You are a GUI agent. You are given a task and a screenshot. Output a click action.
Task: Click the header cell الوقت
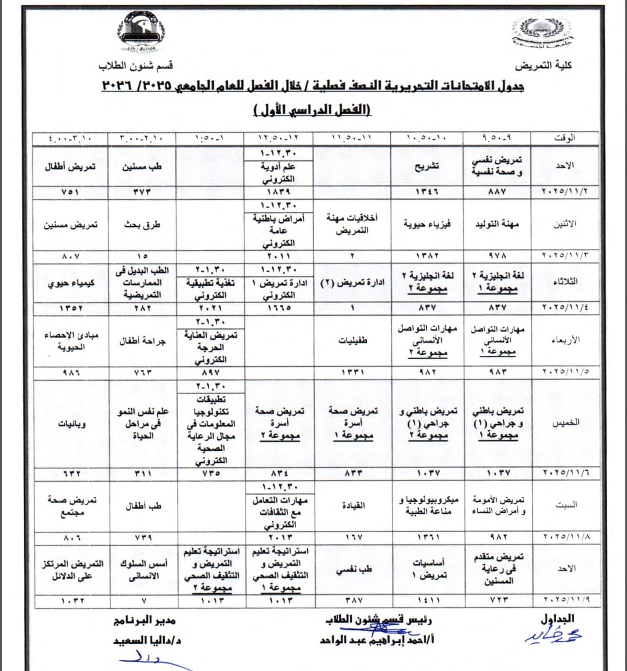tap(564, 138)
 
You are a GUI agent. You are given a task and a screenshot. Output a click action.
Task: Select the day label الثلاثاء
tap(565, 282)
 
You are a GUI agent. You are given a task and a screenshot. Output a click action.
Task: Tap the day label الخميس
tap(565, 423)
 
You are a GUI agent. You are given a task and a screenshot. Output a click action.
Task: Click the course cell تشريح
tap(427, 166)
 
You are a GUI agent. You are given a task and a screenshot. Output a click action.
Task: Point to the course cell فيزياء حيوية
tap(427, 224)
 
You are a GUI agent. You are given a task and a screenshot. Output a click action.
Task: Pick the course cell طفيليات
tap(353, 341)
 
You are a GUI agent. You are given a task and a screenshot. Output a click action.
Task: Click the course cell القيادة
tap(353, 505)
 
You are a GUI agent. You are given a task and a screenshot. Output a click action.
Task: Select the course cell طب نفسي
tap(353, 569)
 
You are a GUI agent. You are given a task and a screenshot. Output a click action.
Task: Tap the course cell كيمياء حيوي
tap(71, 283)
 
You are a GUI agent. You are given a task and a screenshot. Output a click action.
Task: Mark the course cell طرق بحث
tap(142, 225)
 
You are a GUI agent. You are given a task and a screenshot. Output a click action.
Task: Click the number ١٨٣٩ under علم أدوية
tap(279, 192)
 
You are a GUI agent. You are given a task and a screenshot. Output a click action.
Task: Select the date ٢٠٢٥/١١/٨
tap(565, 537)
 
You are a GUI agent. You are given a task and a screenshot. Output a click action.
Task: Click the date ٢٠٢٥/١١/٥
tap(565, 371)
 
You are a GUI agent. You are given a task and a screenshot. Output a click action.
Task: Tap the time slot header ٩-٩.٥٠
tap(497, 138)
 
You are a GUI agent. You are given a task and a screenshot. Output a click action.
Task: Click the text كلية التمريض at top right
tap(543, 65)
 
